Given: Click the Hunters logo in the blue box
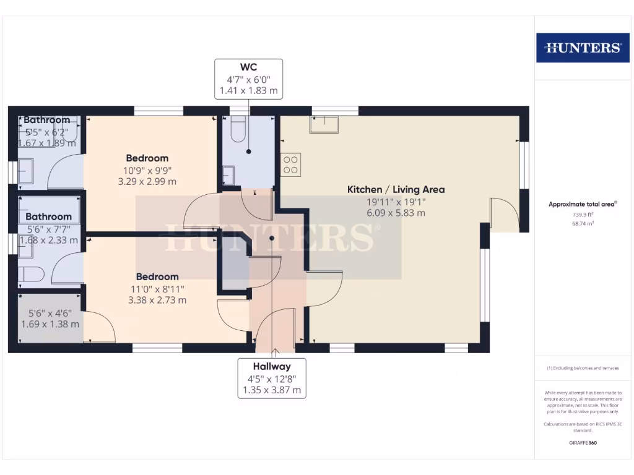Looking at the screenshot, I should pos(582,48).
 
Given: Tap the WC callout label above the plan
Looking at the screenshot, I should pos(249,79).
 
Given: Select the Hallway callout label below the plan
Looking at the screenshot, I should pos(271,378).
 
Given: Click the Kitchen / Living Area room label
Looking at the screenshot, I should pos(396,190).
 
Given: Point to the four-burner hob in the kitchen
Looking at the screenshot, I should pos(291,164).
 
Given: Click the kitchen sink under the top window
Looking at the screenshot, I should pos(324,124).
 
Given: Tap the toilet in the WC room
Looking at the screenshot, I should pos(238,129).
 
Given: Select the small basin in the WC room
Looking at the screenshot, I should pos(228,175).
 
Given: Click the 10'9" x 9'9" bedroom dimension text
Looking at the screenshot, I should pos(147,170).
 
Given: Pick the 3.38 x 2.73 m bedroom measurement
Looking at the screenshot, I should pos(157,300).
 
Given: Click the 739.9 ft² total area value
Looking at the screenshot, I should pos(581,214).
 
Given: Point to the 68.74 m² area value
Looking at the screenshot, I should pos(581,223).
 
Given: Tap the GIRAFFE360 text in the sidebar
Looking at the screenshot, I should pos(582,443).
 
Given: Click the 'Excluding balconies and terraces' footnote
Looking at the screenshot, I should pos(582,368).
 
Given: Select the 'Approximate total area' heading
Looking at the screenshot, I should pos(581,204).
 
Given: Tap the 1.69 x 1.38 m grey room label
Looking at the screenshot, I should pos(50,323).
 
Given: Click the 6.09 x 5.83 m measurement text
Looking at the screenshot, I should pos(395,213).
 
